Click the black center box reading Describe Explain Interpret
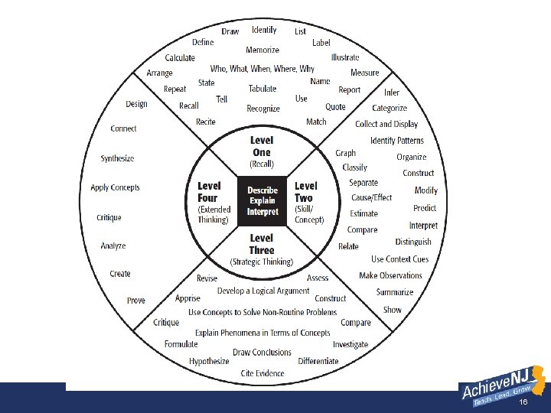click(262, 201)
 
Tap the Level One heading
click(262, 146)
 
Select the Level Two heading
click(305, 192)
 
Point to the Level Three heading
click(262, 244)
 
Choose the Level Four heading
click(208, 192)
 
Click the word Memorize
click(262, 50)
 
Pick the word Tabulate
click(262, 89)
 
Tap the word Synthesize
click(117, 158)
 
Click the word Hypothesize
click(209, 361)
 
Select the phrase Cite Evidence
click(262, 373)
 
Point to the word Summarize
click(395, 292)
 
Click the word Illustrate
click(345, 57)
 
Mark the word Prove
click(136, 301)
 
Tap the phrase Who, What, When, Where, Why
click(262, 69)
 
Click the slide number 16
click(523, 402)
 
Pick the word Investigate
click(350, 345)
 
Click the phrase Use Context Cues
click(399, 259)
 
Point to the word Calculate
click(180, 57)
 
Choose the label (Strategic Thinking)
click(262, 262)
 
